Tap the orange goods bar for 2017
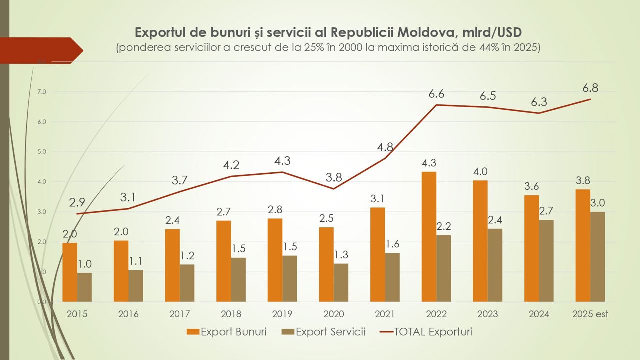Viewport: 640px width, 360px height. click(x=172, y=265)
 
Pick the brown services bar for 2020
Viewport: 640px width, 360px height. click(x=341, y=282)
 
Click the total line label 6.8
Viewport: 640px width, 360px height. click(x=590, y=88)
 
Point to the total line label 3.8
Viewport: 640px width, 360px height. click(x=334, y=177)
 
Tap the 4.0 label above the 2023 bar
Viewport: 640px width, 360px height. click(x=480, y=171)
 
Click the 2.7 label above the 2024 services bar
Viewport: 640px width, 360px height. click(x=546, y=211)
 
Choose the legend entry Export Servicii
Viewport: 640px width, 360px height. click(x=323, y=332)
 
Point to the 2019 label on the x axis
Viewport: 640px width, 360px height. click(x=282, y=314)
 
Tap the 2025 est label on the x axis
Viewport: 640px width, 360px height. click(x=590, y=314)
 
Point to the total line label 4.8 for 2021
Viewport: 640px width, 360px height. click(x=385, y=147)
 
